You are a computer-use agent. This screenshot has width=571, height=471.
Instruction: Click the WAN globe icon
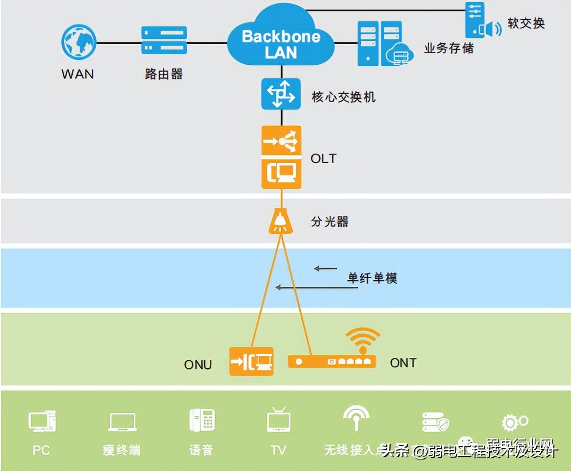pos(79,43)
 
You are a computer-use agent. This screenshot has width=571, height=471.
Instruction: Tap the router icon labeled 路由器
pos(164,40)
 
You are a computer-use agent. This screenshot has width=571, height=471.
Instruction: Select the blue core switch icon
pos(281,94)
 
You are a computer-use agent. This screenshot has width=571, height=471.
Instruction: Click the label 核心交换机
pos(343,97)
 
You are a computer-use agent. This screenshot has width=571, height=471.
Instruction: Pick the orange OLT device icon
pos(281,157)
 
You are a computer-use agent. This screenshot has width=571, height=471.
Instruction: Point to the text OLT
pos(323,158)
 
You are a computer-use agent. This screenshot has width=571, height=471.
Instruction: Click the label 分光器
pos(330,222)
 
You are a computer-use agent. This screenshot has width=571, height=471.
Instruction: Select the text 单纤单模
pos(372,278)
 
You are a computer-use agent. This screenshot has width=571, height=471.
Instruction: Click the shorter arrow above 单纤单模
pos(326,269)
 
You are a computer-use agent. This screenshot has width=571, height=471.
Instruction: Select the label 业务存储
pos(448,48)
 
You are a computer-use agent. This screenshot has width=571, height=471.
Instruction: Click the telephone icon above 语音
pos(202,420)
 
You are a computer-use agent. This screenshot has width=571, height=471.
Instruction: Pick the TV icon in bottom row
pos(279,420)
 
